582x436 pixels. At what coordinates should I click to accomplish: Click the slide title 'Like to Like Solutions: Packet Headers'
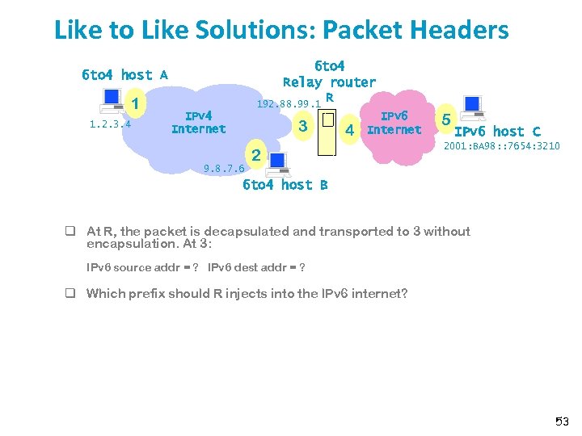click(x=281, y=30)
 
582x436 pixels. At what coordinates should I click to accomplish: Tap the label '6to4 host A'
click(x=124, y=75)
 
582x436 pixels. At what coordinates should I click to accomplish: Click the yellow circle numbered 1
click(x=137, y=104)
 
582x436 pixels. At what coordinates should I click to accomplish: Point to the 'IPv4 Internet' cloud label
click(x=199, y=122)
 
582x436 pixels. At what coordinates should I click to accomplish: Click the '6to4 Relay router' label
click(x=329, y=73)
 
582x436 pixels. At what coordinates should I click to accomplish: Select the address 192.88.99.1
click(x=288, y=104)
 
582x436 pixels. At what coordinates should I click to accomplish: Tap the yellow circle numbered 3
click(x=302, y=126)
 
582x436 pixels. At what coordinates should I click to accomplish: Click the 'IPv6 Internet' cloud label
click(x=394, y=123)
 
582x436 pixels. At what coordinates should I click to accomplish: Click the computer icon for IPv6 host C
click(x=472, y=107)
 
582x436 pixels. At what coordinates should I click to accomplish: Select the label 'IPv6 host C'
click(x=497, y=132)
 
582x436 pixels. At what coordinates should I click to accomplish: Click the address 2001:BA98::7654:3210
click(x=501, y=146)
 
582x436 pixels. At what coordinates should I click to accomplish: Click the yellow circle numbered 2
click(x=255, y=155)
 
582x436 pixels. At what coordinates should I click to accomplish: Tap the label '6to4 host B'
click(x=285, y=185)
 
